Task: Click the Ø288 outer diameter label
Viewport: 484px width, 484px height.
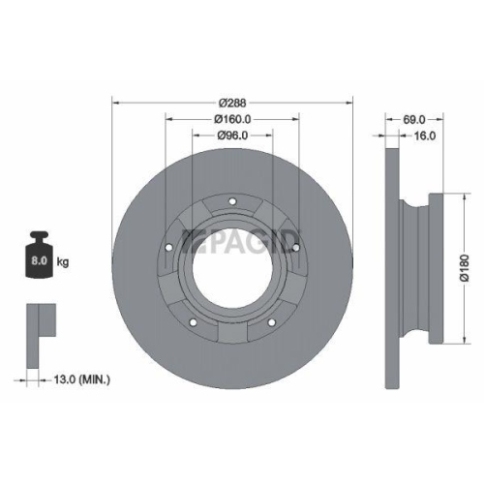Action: (x=233, y=102)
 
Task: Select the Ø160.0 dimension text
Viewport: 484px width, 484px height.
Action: (x=233, y=119)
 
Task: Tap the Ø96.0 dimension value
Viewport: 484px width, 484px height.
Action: (x=233, y=136)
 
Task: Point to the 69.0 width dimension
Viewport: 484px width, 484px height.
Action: (x=414, y=119)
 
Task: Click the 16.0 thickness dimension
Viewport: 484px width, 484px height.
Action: (x=422, y=136)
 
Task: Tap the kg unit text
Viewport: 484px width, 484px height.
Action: (x=63, y=261)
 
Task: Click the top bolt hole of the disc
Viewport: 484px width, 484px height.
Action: (x=232, y=201)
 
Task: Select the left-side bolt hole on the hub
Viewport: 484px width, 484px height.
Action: (x=169, y=247)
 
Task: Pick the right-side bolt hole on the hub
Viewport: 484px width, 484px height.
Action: (x=295, y=247)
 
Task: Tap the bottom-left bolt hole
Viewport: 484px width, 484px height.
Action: (x=194, y=321)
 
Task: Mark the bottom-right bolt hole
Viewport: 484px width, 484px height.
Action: (x=272, y=321)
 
